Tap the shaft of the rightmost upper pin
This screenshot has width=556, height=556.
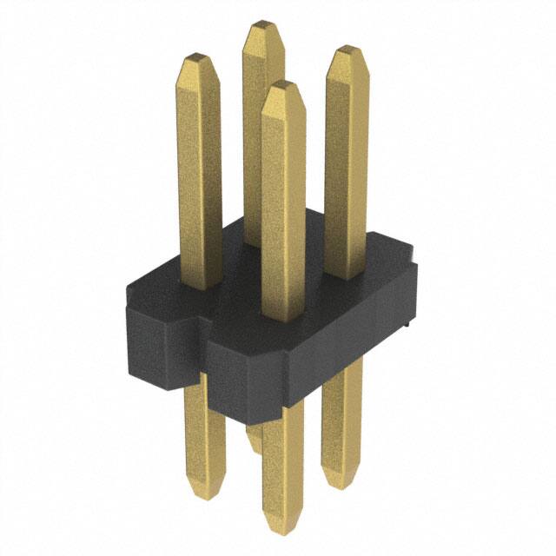coord(346,165)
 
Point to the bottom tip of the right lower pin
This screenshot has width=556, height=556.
coord(337,478)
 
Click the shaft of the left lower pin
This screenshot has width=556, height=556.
coord(204,426)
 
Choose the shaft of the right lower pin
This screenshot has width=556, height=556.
coord(339,417)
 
